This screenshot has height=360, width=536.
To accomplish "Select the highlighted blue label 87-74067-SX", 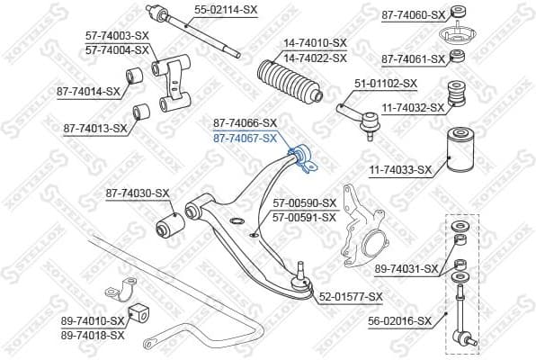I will pos(245,138).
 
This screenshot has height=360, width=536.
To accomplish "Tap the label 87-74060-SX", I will pos(413,14).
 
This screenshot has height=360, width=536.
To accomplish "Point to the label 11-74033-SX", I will pos(400,168).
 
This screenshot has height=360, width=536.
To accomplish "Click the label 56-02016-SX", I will pos(400,319).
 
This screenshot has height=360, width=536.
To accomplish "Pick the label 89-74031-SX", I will pos(406,268).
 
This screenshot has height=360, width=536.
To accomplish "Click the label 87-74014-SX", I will pos(89,91).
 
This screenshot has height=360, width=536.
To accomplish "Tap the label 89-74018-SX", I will pos(94,334).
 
